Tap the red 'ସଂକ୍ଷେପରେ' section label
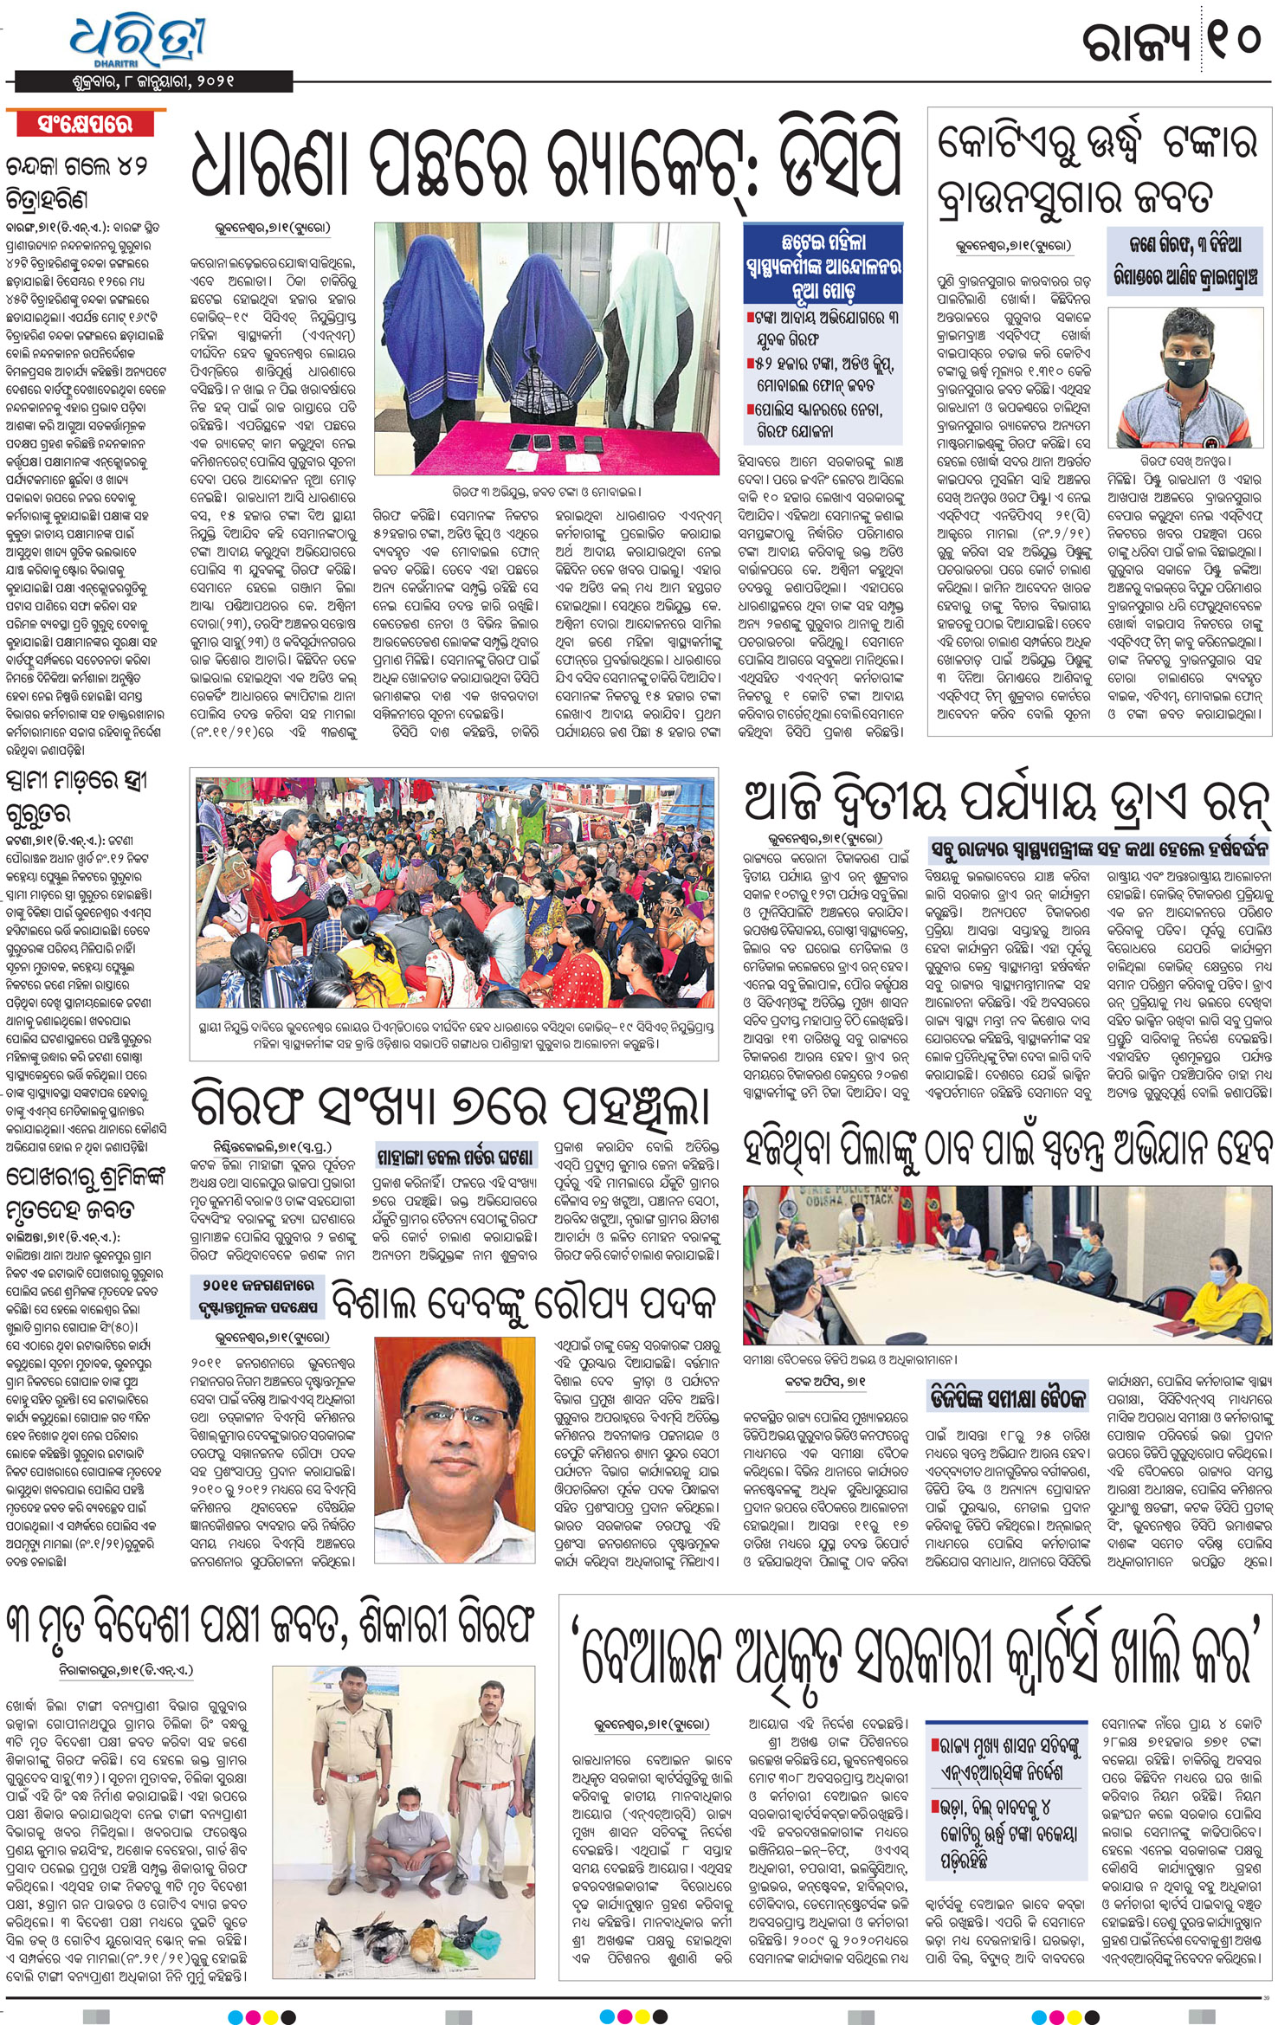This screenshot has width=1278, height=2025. pyautogui.click(x=85, y=124)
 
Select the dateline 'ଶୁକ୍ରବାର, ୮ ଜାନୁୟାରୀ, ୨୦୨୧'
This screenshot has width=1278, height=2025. pyautogui.click(x=153, y=81)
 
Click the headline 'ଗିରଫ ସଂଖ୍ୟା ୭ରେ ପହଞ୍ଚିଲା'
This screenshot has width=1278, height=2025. pyautogui.click(x=450, y=1105)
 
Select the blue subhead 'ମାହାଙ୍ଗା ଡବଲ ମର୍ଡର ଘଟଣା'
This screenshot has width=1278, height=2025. pyautogui.click(x=455, y=1158)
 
